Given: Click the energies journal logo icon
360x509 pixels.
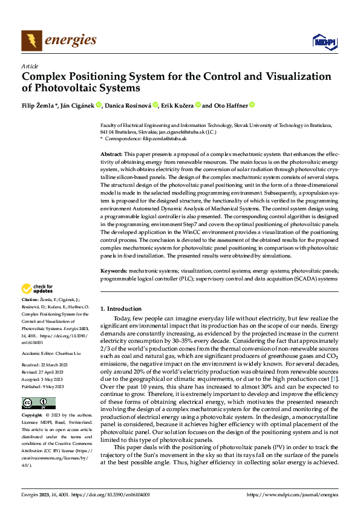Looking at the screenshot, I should (31, 41).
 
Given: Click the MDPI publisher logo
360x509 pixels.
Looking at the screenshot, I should (324, 41).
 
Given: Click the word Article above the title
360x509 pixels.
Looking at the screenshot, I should (30, 66).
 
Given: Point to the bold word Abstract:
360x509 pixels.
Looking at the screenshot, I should (111, 155).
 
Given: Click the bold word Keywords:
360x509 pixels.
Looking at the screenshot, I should (113, 272).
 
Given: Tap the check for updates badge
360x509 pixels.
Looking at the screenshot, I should (38, 289).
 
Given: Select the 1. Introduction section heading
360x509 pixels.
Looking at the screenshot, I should (121, 308).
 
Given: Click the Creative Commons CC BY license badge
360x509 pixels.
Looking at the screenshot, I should (38, 403).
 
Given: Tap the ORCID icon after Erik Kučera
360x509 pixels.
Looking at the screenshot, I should (197, 105).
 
